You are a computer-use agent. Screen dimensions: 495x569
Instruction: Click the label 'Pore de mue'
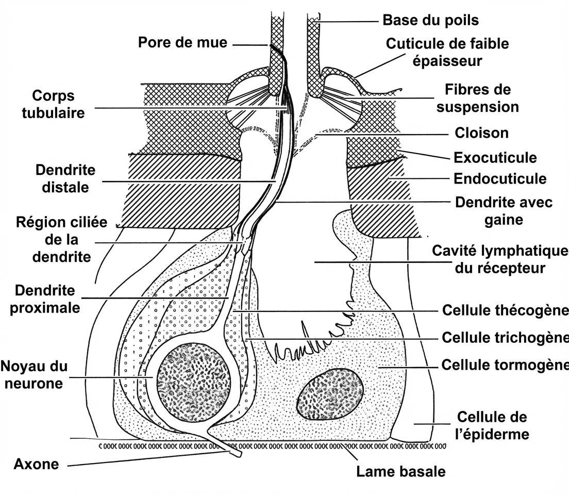click(182, 42)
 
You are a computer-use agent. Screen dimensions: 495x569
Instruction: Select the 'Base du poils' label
click(430, 20)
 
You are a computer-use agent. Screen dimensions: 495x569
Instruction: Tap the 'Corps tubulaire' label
click(53, 104)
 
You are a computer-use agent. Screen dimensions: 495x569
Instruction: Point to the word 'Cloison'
click(481, 133)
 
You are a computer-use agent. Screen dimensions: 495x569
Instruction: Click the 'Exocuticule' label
click(495, 157)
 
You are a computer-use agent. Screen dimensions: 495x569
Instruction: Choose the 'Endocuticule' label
click(499, 179)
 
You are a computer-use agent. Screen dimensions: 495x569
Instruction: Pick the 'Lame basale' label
click(400, 471)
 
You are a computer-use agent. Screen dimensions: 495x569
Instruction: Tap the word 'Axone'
click(36, 464)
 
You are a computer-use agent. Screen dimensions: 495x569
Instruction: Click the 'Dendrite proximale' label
click(47, 299)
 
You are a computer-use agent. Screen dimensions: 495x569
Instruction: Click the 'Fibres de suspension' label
click(477, 98)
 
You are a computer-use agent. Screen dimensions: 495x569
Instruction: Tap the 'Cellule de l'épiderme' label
click(492, 425)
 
